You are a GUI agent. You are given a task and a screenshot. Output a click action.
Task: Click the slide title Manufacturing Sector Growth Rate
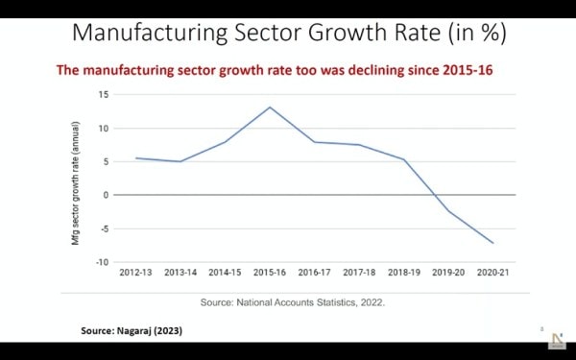point(289,32)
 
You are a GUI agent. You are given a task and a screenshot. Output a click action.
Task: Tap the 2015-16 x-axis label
point(270,274)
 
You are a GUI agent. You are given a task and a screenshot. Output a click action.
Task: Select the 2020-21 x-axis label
point(493,274)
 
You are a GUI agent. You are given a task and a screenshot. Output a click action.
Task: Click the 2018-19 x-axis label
point(404,274)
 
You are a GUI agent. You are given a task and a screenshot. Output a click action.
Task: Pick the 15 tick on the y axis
point(103,94)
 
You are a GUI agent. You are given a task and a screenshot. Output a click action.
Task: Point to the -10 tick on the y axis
point(101,262)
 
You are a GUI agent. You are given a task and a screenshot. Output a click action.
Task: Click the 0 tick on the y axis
point(106,195)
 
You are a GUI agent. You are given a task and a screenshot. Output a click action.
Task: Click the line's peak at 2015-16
point(270,107)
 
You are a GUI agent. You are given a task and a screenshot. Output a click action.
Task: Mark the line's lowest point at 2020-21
point(493,243)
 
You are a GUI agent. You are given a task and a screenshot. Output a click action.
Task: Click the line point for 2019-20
point(448,211)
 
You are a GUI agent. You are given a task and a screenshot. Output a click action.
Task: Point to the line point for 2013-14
point(180,161)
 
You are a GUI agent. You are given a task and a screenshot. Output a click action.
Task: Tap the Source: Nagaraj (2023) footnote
point(131,330)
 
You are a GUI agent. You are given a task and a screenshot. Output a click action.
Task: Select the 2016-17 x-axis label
point(315,274)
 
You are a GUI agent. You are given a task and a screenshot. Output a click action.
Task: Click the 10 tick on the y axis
point(103,128)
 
